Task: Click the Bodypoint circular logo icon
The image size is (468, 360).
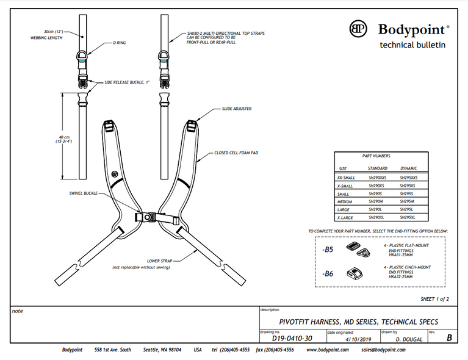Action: click(358, 29)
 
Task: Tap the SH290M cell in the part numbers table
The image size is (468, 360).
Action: click(376, 201)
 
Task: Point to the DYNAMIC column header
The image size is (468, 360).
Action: click(408, 168)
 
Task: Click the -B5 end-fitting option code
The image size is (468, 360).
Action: click(328, 250)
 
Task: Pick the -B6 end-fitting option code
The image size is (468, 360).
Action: click(328, 273)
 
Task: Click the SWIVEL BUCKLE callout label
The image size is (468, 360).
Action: click(83, 193)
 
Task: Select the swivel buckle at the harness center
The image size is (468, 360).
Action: click(148, 217)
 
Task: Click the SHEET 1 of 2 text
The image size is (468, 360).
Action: click(434, 299)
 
